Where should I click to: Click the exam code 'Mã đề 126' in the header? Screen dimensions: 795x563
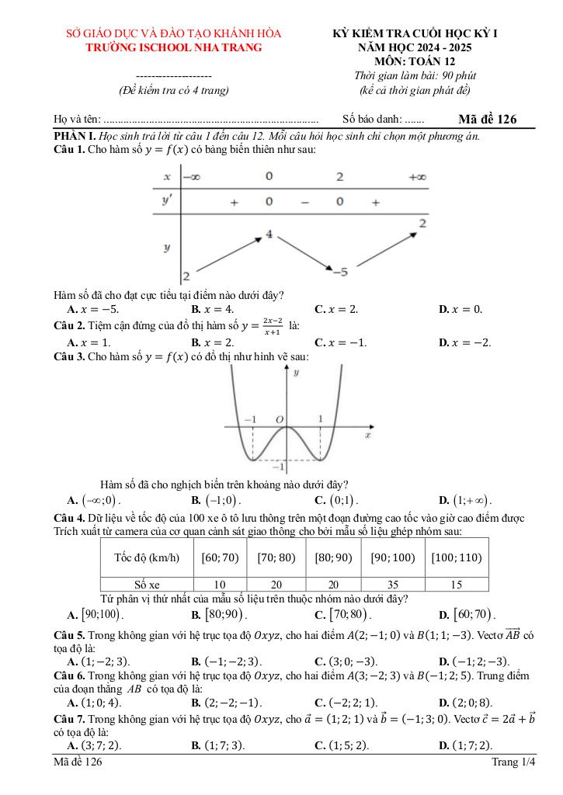[x=487, y=119]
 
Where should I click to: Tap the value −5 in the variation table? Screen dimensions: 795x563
[x=339, y=272]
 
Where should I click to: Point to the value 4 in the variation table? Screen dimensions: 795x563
[x=269, y=233]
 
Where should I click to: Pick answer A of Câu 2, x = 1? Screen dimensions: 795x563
[x=89, y=342]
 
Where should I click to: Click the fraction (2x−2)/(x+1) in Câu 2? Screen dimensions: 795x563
[x=271, y=325]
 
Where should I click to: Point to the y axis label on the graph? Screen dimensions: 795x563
[x=296, y=373]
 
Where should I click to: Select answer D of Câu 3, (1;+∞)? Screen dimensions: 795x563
[x=465, y=500]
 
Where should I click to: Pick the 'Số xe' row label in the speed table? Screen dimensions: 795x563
[x=147, y=585]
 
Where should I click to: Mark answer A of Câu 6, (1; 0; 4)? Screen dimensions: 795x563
[x=94, y=703]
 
